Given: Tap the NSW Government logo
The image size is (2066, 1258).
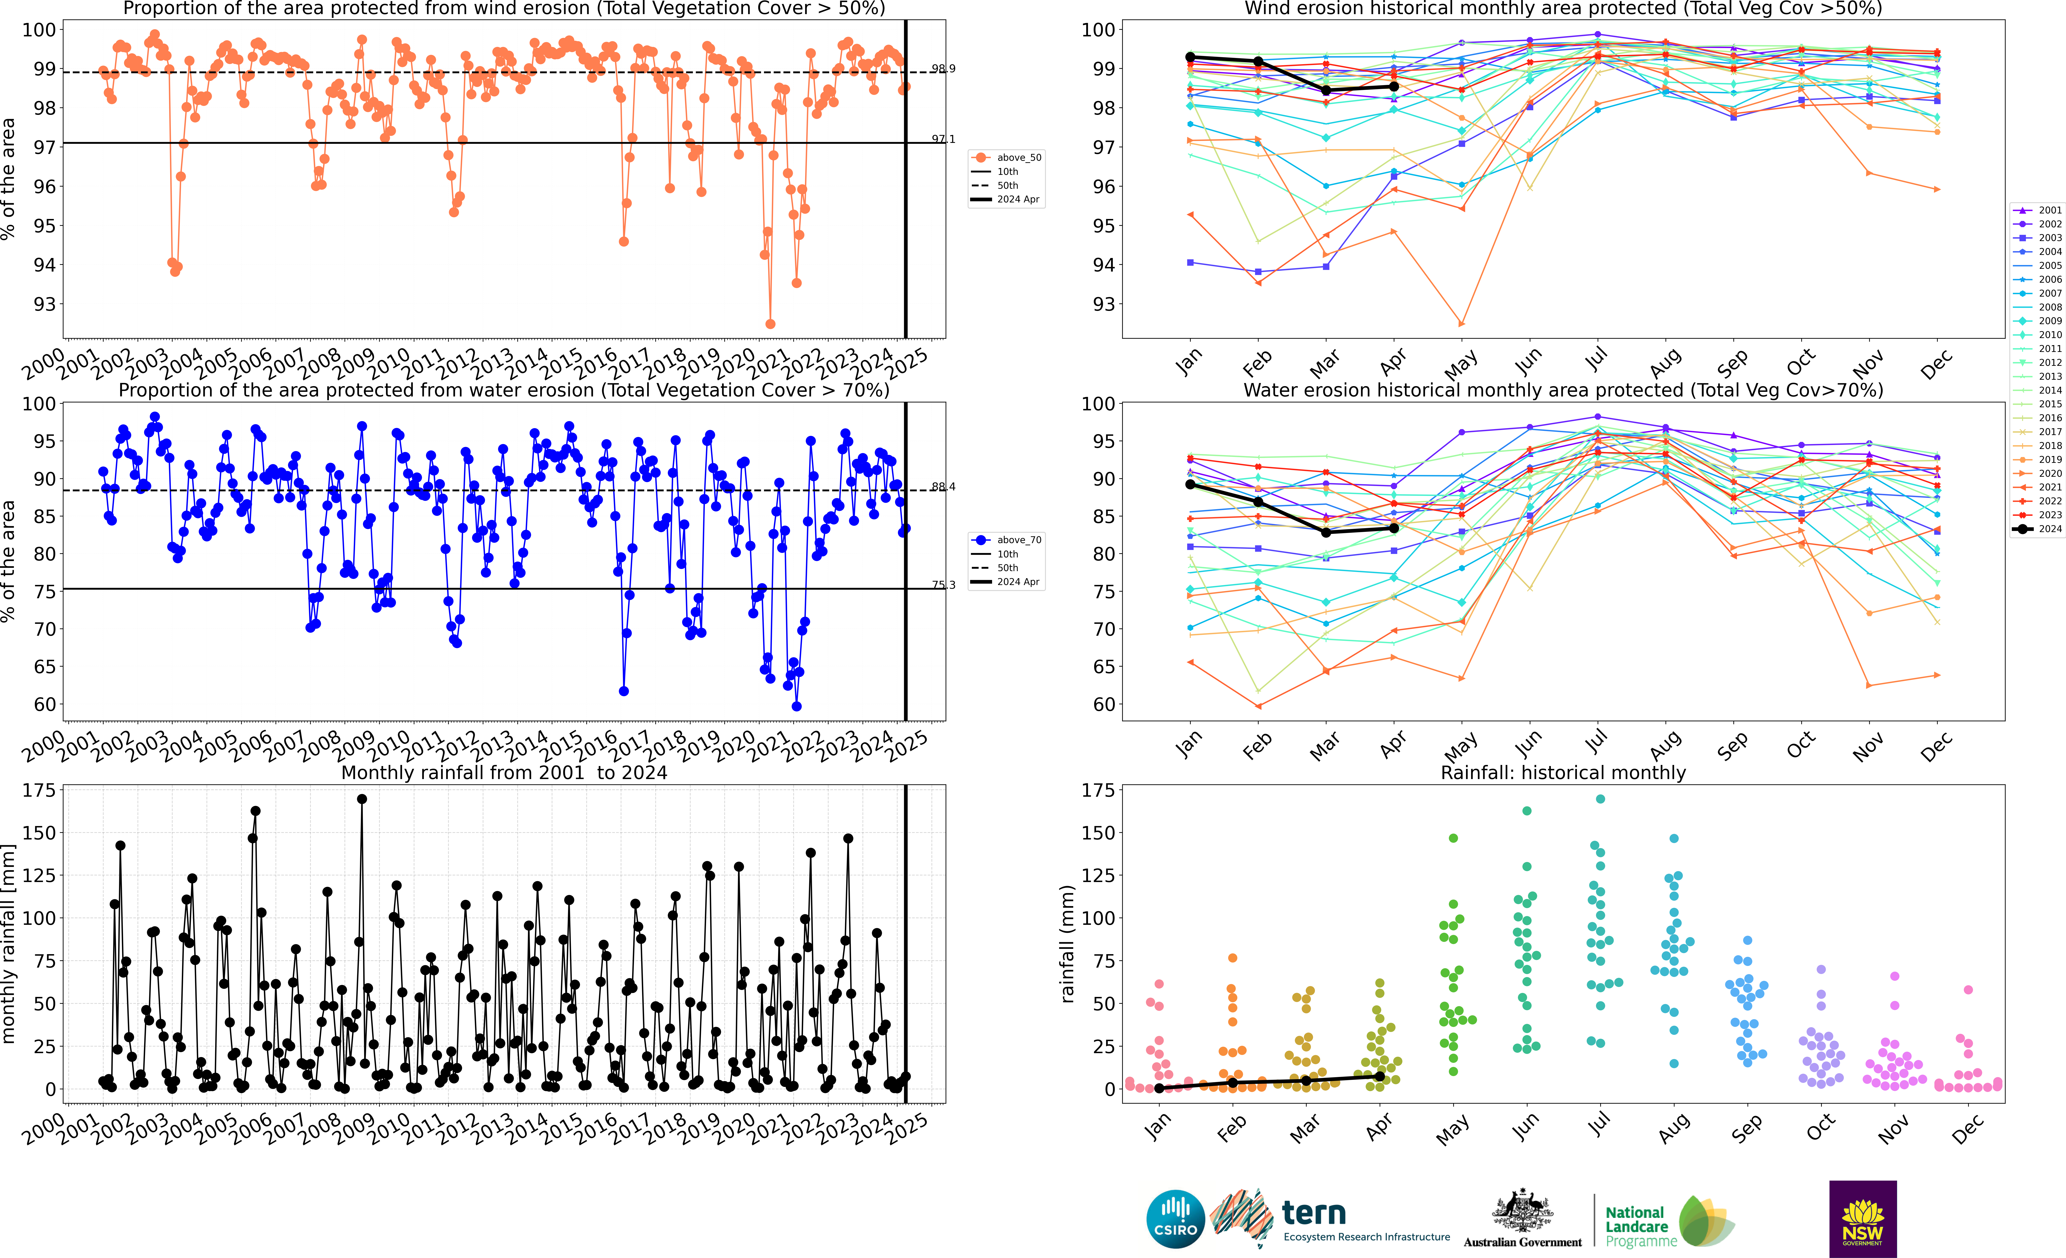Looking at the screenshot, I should coord(1862,1219).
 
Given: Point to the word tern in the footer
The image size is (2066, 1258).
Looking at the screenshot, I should coord(1314,1213).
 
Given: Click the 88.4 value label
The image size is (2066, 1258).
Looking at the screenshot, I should coord(943,486).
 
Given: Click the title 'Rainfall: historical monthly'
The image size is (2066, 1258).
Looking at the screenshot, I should coord(1563,772).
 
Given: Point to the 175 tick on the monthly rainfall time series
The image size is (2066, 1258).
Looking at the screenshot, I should coord(39,790).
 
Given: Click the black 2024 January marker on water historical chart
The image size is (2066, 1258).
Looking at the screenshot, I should coord(1190,485).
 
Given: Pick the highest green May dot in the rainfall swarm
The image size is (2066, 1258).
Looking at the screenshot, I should coord(1453,838).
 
